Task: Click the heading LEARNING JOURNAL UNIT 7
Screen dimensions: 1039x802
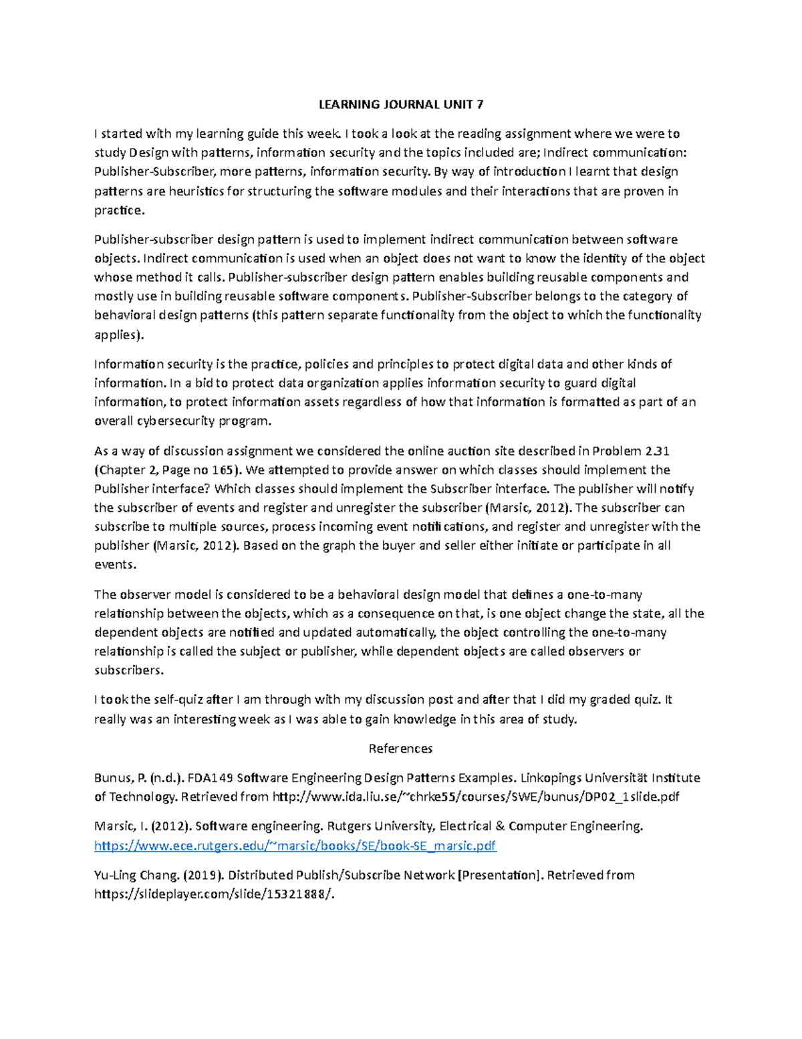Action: click(x=400, y=104)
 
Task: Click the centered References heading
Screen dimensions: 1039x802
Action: click(x=400, y=748)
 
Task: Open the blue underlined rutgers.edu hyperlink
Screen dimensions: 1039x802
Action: click(x=295, y=846)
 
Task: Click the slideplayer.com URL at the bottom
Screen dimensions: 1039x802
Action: click(x=214, y=894)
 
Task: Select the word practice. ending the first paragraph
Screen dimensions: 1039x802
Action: click(x=119, y=211)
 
